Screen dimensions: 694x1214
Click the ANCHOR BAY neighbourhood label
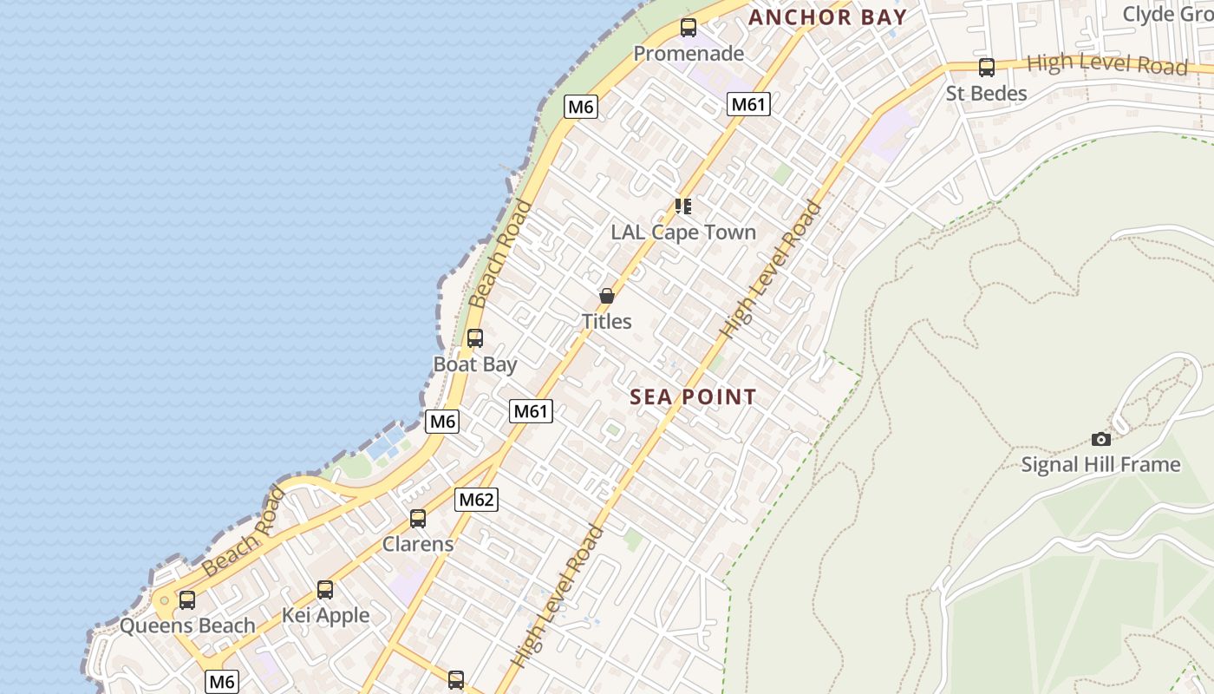(827, 17)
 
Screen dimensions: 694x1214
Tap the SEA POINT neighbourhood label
(693, 397)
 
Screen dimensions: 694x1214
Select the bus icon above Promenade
(688, 28)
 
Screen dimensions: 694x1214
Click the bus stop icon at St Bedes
(986, 68)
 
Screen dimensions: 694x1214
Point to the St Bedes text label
(986, 94)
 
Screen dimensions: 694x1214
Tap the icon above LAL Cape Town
(683, 206)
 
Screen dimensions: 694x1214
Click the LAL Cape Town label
(683, 232)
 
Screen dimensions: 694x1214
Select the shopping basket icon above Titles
(606, 296)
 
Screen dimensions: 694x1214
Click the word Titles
(606, 322)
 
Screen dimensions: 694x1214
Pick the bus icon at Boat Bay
(475, 338)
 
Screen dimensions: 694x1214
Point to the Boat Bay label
(475, 364)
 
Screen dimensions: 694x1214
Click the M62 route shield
(476, 500)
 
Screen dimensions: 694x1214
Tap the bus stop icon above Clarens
(418, 519)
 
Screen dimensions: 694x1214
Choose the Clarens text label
(418, 545)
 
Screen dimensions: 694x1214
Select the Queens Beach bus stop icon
(187, 599)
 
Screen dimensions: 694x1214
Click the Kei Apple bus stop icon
(325, 590)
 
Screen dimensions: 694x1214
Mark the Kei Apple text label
(325, 616)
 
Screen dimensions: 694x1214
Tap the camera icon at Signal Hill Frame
(1100, 439)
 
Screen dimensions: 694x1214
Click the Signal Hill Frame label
(1100, 465)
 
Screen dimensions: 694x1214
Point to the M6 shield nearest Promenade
(580, 108)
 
